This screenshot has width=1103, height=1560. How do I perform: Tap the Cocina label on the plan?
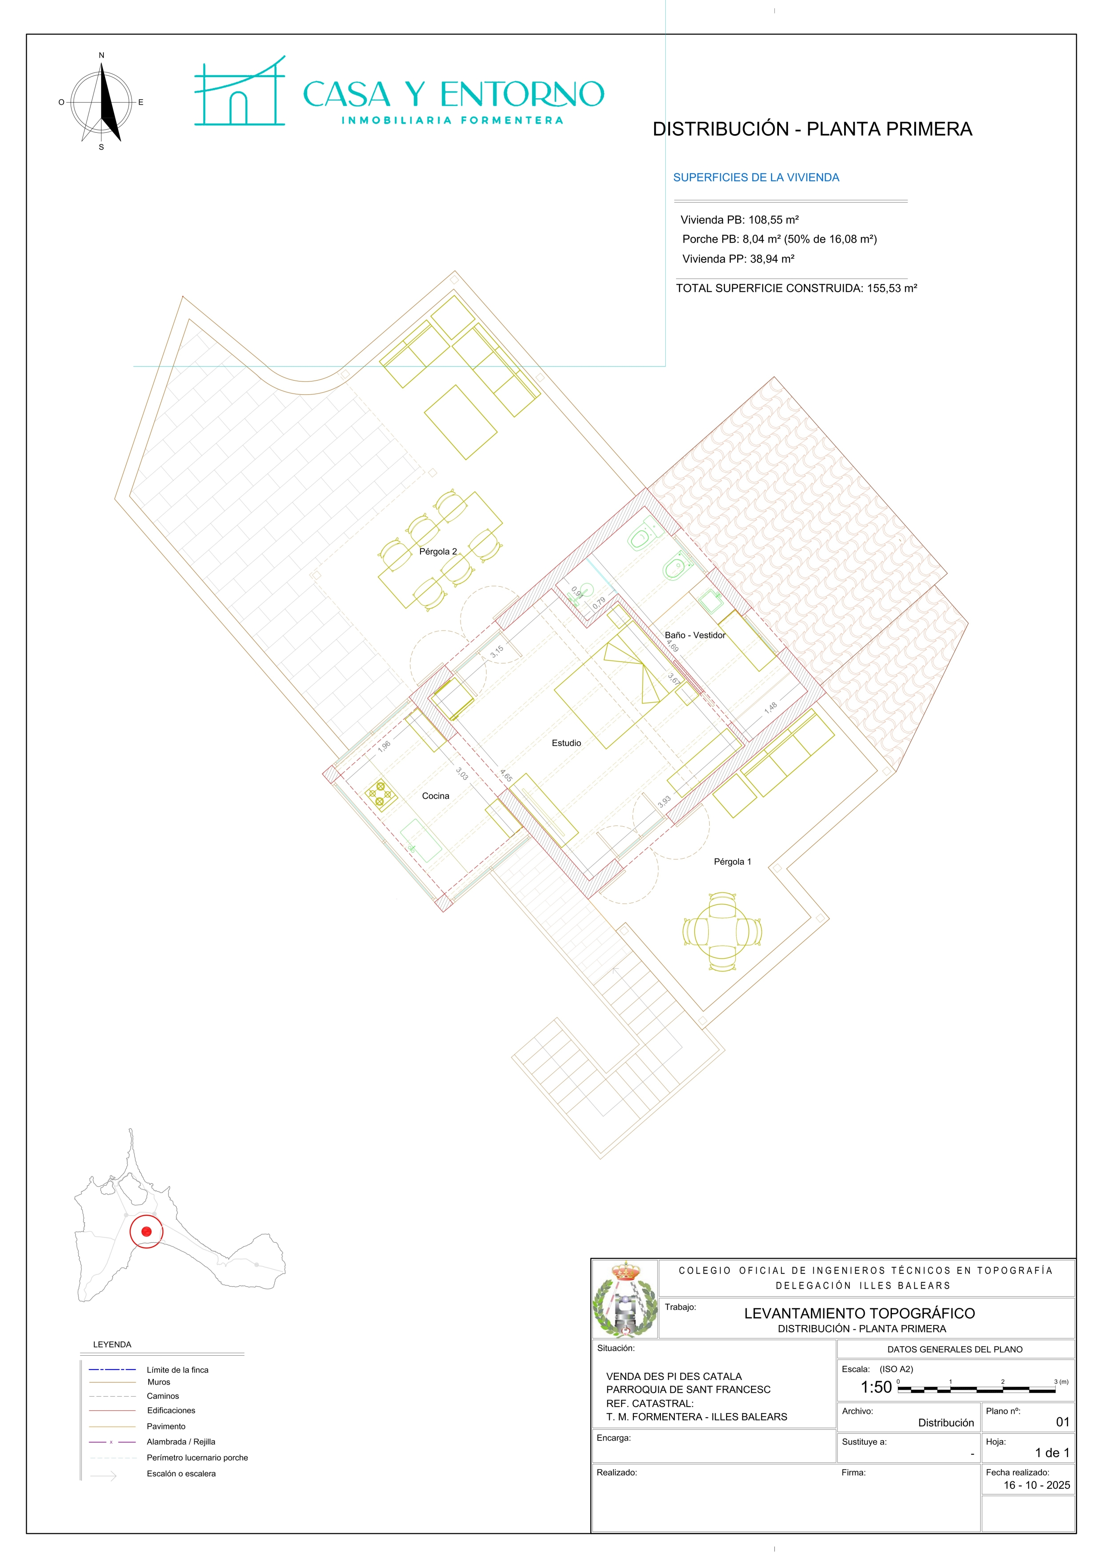coord(435,796)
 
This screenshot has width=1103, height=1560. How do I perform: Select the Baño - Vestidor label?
coord(695,635)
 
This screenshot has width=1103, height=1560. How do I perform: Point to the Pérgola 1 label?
coord(732,862)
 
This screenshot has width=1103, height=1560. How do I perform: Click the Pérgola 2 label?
coord(438,552)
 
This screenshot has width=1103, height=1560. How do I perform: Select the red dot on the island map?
coord(146,1231)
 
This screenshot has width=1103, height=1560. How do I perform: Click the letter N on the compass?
coord(101,56)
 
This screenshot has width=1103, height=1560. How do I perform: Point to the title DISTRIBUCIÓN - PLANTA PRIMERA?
coord(812,129)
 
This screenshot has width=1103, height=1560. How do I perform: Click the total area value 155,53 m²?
coord(892,288)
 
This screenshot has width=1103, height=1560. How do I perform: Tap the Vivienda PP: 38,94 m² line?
coord(738,259)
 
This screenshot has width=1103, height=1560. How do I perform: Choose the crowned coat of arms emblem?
coord(625,1299)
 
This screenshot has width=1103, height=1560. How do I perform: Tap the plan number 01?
coord(1062,1422)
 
